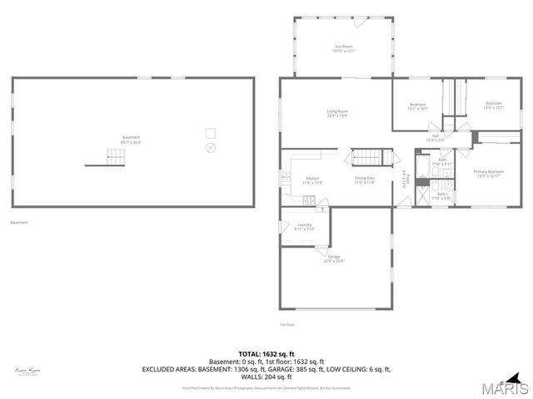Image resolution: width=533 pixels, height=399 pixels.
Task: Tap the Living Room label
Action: [336, 113]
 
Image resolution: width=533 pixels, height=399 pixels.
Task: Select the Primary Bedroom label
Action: [490, 174]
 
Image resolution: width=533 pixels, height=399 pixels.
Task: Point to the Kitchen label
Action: [312, 180]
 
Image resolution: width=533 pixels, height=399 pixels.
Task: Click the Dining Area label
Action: [364, 180]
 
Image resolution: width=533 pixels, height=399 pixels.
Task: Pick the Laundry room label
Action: [304, 226]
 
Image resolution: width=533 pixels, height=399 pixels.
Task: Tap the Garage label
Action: [334, 259]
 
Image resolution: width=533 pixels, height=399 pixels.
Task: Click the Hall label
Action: [435, 138]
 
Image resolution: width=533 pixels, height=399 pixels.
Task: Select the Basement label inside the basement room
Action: [131, 140]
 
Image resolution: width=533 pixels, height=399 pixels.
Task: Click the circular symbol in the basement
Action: [210, 148]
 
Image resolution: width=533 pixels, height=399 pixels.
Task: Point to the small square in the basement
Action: [211, 132]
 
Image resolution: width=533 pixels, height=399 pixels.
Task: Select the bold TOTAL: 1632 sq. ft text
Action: [266, 353]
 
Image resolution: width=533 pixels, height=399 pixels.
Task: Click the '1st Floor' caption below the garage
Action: [286, 324]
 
